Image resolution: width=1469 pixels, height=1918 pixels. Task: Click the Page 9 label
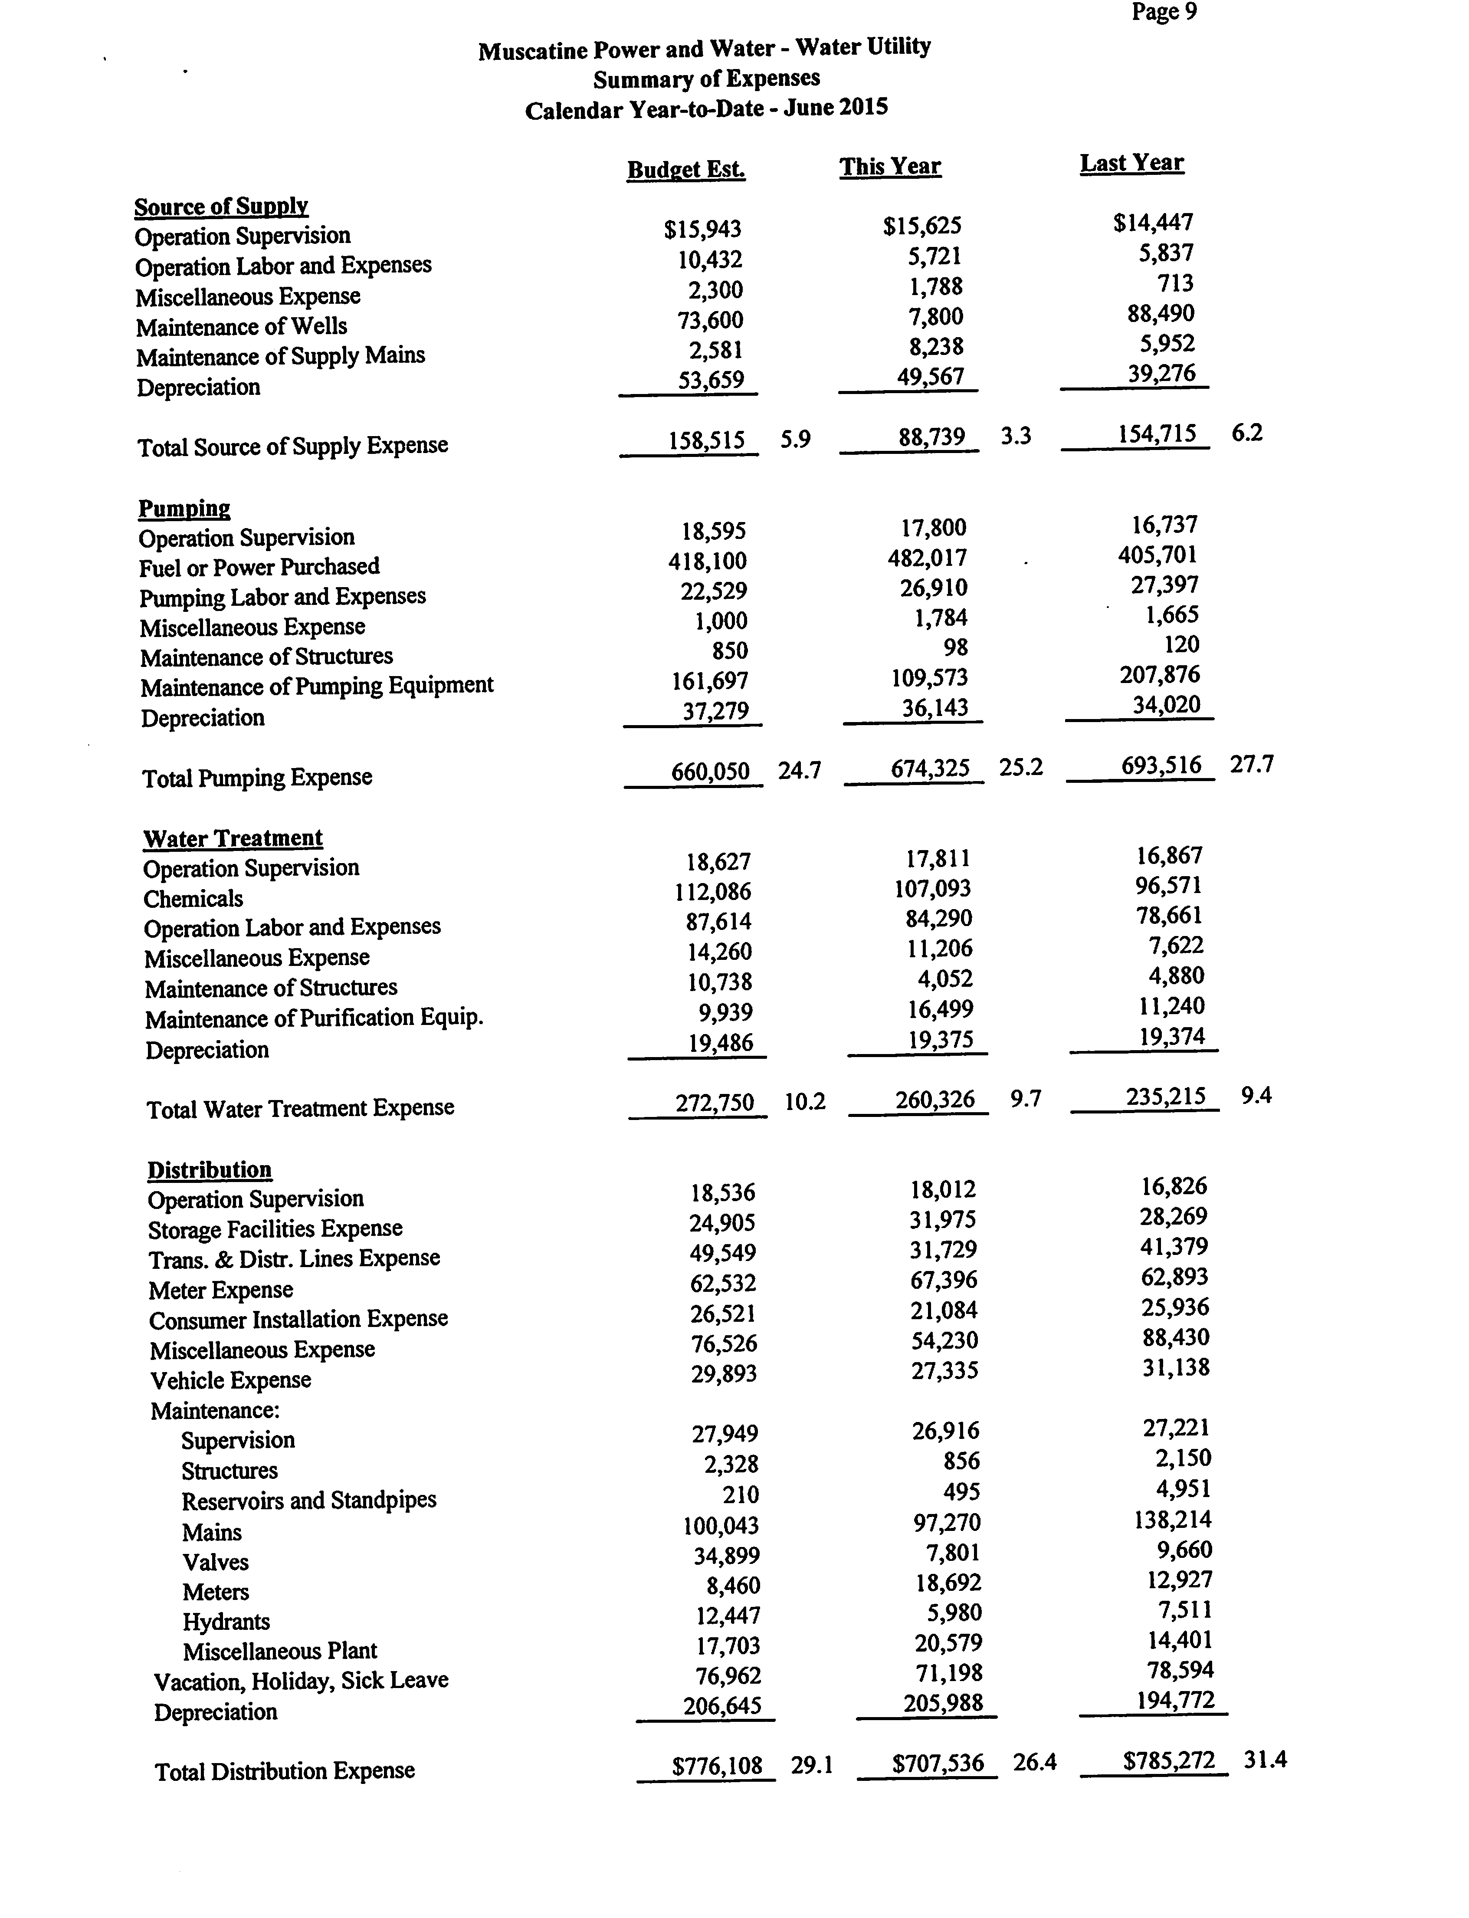[x=1164, y=12]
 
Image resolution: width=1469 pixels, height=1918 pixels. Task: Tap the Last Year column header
[x=1131, y=164]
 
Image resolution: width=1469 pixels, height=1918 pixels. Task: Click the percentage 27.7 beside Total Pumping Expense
[x=1251, y=765]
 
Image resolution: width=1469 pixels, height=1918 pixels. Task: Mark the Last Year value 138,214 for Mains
[x=1172, y=1519]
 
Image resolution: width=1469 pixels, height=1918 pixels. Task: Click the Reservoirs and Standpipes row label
[x=308, y=1501]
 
